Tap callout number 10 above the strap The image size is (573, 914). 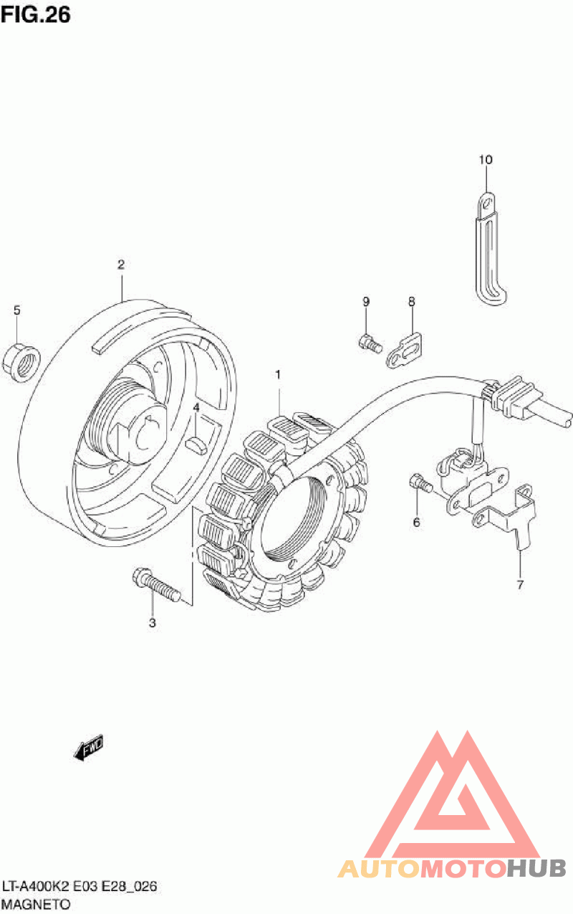point(486,159)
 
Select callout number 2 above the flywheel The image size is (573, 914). point(121,265)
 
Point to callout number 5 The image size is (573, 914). point(17,310)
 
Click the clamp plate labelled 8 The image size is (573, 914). point(406,351)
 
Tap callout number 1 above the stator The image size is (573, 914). point(278,374)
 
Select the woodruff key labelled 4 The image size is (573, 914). point(196,443)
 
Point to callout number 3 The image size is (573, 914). point(152,623)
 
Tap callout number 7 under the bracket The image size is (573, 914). point(521,584)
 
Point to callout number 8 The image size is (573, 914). point(412,302)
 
